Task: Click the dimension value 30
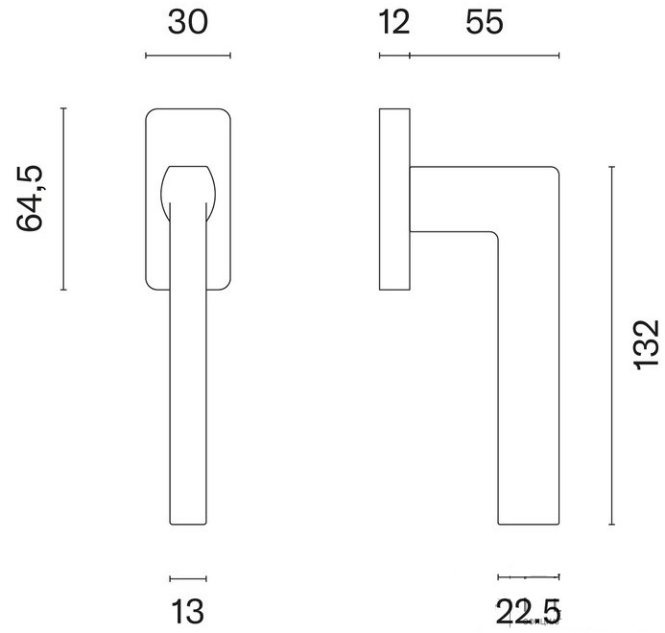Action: pyautogui.click(x=188, y=22)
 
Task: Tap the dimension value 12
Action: pyautogui.click(x=394, y=22)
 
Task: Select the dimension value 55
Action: pyautogui.click(x=485, y=22)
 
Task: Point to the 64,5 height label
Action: pyautogui.click(x=30, y=199)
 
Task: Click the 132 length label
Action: pyautogui.click(x=647, y=345)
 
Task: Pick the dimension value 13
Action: pyautogui.click(x=187, y=611)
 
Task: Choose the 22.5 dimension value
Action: pyautogui.click(x=528, y=611)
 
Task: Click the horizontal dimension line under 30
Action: pyautogui.click(x=188, y=55)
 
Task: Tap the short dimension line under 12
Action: pyautogui.click(x=394, y=55)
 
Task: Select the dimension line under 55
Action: pyautogui.click(x=485, y=55)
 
